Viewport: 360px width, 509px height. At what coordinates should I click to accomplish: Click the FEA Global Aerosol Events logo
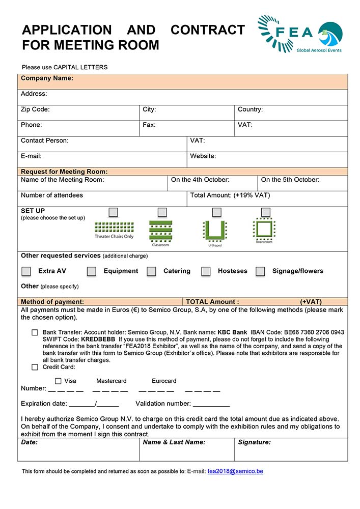[300, 34]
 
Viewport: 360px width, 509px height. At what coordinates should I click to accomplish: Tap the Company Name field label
[47, 78]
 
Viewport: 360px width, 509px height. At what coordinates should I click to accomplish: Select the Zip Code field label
[35, 109]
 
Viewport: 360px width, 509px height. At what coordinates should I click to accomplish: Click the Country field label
[250, 109]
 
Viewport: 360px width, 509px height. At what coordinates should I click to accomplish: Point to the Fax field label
[149, 125]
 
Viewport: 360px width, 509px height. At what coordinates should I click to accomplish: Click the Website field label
[203, 156]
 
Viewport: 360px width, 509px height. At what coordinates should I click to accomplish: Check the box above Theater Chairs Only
[113, 212]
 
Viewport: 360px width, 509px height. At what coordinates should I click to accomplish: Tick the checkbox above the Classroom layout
[162, 212]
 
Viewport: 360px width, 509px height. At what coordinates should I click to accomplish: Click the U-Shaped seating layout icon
[214, 230]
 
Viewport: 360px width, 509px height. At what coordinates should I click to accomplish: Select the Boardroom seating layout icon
[264, 229]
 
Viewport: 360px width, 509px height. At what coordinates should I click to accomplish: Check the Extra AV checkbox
[26, 271]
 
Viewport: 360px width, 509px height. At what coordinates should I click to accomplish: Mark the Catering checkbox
[151, 271]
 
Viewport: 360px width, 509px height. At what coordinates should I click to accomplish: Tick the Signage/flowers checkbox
[260, 271]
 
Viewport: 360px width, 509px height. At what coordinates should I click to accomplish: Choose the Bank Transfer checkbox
[35, 332]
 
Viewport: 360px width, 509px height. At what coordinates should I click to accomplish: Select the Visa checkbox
[58, 381]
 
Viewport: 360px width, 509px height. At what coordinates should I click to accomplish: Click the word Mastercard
[112, 381]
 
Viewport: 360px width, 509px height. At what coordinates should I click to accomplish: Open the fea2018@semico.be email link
[235, 471]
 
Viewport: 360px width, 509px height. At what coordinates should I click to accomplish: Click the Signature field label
[254, 442]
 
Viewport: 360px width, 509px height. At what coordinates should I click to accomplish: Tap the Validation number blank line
[211, 406]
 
